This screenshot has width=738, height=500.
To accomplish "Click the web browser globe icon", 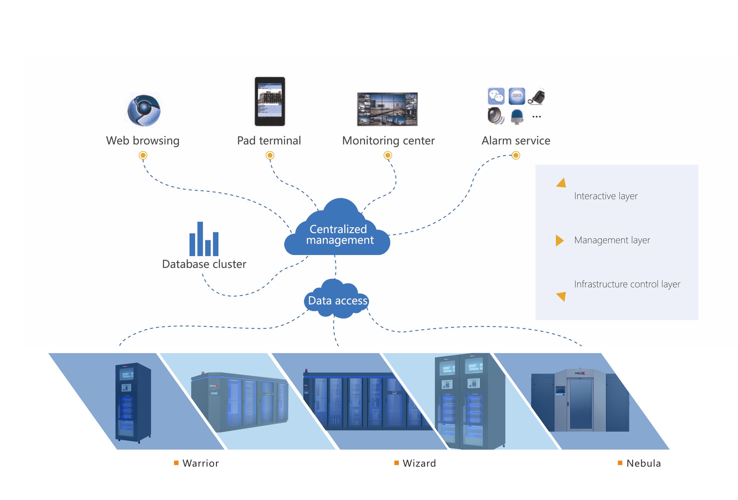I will click(144, 110).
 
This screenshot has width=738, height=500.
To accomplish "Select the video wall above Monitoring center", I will click(387, 109).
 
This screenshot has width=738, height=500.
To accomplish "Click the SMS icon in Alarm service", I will click(517, 96).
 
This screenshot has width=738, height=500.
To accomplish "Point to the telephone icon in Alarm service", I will click(537, 97).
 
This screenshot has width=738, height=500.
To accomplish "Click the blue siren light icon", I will click(517, 117).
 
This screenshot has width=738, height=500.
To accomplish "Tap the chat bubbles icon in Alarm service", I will click(496, 96).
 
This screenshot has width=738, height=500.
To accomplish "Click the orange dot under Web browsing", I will click(143, 155).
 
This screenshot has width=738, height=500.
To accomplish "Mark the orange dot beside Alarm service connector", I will click(516, 155).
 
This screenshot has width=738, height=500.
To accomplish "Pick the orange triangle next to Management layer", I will click(560, 240).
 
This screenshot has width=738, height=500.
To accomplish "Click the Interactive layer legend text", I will click(605, 196).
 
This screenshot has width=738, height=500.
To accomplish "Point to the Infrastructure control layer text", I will click(627, 284).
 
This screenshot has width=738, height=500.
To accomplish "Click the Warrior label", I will click(200, 463).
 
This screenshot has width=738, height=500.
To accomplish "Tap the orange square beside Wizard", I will click(396, 463).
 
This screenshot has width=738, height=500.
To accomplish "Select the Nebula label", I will click(643, 463).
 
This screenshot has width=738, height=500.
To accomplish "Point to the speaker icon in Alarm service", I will click(495, 116).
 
